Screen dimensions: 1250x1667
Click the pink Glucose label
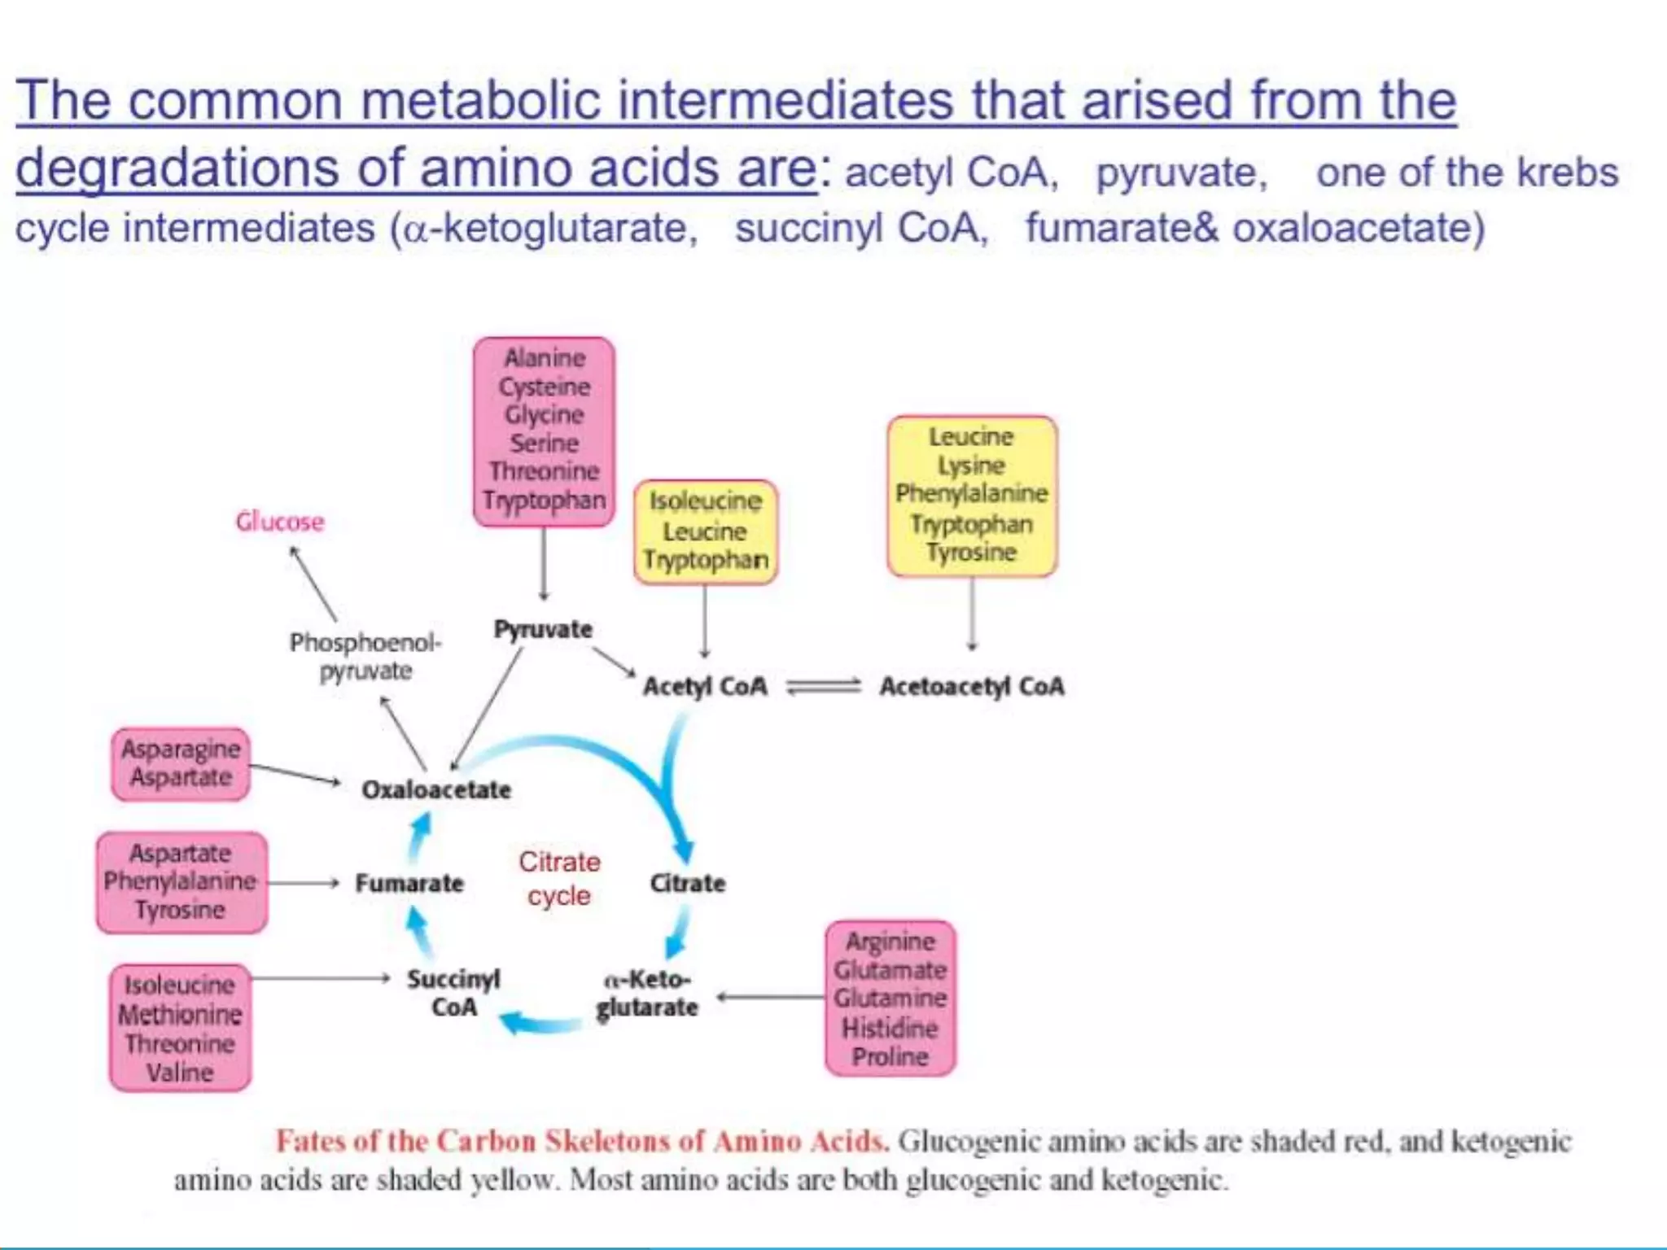pyautogui.click(x=280, y=522)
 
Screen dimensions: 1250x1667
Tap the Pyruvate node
pyautogui.click(x=543, y=629)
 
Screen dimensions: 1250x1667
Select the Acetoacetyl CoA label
pyautogui.click(x=971, y=686)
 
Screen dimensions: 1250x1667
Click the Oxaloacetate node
pyautogui.click(x=436, y=789)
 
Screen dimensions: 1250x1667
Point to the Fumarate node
pyautogui.click(x=409, y=883)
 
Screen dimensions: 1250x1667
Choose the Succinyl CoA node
pyautogui.click(x=453, y=993)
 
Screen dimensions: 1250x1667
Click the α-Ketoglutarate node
pyautogui.click(x=647, y=993)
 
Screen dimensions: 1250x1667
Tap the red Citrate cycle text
pyautogui.click(x=559, y=878)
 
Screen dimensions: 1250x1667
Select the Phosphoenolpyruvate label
pyautogui.click(x=365, y=656)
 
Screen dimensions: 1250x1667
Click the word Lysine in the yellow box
pyautogui.click(x=971, y=465)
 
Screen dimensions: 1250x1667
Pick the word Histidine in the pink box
pyautogui.click(x=890, y=1028)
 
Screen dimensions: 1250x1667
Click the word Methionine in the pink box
pyautogui.click(x=180, y=1014)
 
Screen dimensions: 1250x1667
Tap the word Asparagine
pyautogui.click(x=181, y=749)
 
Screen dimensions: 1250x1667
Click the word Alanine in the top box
pyautogui.click(x=545, y=358)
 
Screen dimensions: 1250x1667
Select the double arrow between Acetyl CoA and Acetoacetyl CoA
pyautogui.click(x=823, y=687)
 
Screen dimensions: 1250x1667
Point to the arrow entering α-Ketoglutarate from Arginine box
pyautogui.click(x=769, y=997)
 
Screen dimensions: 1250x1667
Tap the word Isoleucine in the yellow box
pyautogui.click(x=705, y=500)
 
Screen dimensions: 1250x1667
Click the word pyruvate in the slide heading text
pyautogui.click(x=1181, y=173)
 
